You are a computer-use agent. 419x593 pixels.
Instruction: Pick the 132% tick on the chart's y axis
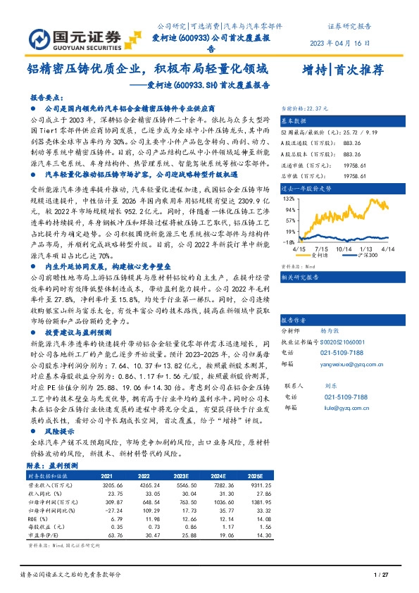coord(289,199)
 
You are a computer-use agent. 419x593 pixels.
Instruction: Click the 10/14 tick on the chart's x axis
coord(344,249)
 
